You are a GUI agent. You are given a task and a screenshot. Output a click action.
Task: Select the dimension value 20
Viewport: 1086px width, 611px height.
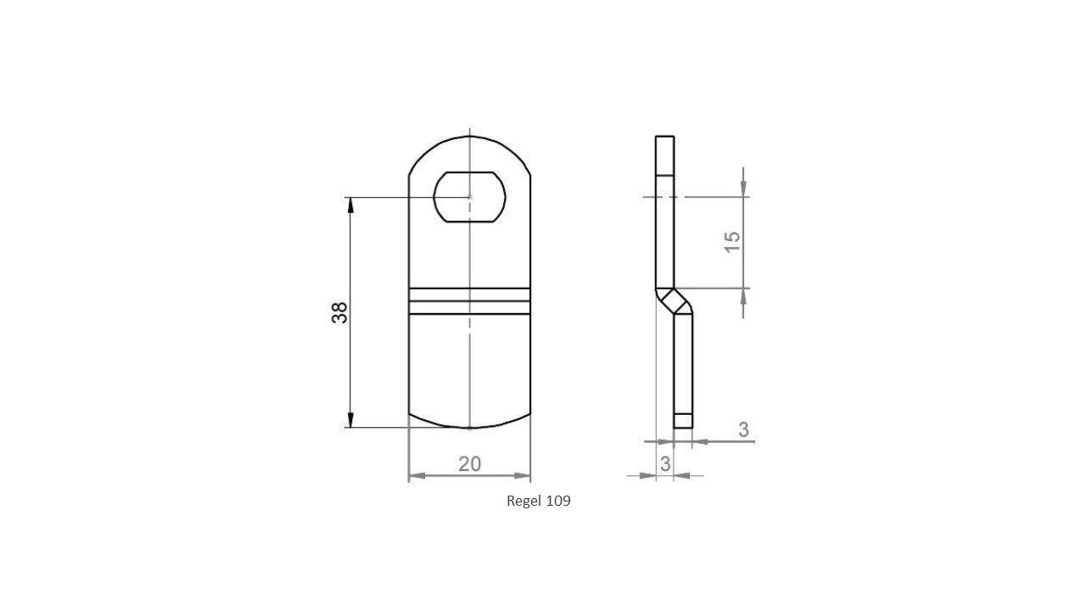[469, 463]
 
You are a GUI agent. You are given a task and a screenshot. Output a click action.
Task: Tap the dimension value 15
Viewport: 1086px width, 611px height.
[733, 241]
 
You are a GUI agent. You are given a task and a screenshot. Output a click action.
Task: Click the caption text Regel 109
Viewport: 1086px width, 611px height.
[538, 501]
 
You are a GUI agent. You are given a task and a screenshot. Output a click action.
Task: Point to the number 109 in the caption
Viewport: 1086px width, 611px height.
[558, 501]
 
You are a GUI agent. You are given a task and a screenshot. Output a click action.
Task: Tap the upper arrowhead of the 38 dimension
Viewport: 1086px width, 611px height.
[350, 203]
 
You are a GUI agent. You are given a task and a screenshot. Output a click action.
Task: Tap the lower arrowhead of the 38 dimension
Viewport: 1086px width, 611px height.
[350, 421]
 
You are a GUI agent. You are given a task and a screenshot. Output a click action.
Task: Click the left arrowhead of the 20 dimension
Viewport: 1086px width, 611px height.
[415, 476]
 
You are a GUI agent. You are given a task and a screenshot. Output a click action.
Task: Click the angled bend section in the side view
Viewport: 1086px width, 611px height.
[675, 300]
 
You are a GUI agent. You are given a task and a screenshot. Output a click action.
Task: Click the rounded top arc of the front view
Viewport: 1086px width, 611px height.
[469, 137]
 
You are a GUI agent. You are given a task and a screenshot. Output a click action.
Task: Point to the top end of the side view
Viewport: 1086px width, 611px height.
[665, 137]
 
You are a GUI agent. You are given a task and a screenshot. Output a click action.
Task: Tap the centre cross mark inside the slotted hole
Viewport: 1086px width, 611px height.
[469, 197]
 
